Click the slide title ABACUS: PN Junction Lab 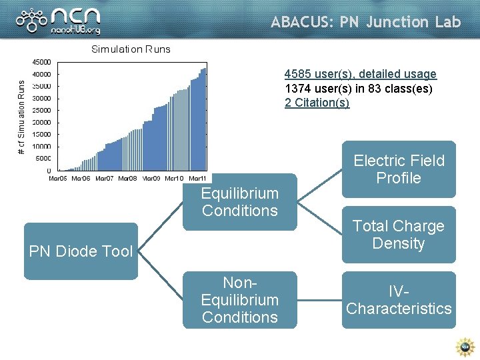365,22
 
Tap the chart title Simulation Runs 131,49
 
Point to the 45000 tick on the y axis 43,63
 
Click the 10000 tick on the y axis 43,147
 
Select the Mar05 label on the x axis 58,178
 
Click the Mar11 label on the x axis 197,178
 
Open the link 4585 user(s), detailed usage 360,74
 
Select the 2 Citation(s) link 317,103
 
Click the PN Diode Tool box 81,251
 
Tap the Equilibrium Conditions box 239,202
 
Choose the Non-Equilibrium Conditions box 239,300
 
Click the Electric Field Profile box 399,169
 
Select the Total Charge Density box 399,235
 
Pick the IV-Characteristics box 399,300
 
